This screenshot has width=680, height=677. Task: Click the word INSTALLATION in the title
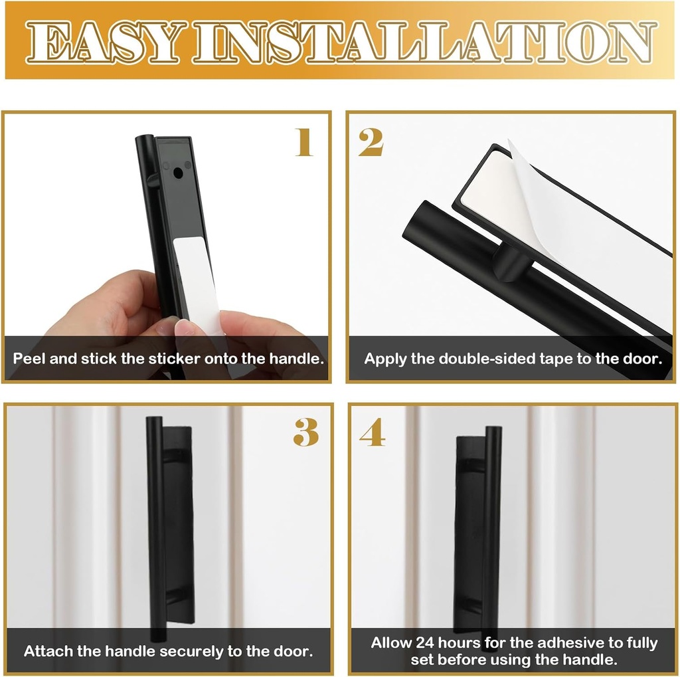coord(424,43)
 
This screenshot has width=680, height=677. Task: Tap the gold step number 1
coord(304,142)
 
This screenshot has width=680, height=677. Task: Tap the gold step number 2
coord(371,142)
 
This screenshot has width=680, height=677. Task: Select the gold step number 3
coord(305,433)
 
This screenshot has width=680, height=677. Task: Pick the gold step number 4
coord(372,433)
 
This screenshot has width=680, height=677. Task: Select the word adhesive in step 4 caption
coord(543,642)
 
